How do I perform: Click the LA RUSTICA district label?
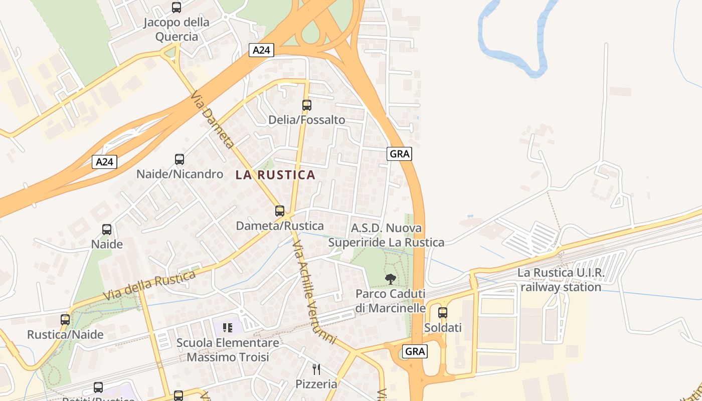[275, 175]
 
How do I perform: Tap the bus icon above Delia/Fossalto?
[307, 105]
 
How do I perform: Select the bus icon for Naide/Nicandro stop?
[180, 159]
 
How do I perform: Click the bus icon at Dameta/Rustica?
[280, 211]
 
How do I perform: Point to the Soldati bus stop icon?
[443, 313]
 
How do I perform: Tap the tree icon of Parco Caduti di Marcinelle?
[390, 279]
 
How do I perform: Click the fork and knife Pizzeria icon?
[316, 369]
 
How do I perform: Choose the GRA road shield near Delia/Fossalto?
[399, 154]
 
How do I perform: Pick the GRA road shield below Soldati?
[415, 351]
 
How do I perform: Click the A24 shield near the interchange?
[261, 50]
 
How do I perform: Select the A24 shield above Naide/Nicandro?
[105, 162]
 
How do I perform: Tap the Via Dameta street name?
[213, 120]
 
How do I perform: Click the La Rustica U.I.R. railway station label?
[561, 280]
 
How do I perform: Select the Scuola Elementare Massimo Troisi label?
[228, 350]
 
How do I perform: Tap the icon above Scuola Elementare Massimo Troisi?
[228, 328]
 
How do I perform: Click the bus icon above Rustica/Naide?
[65, 319]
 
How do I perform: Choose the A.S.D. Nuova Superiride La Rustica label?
[386, 235]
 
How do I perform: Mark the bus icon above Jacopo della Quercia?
[177, 8]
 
